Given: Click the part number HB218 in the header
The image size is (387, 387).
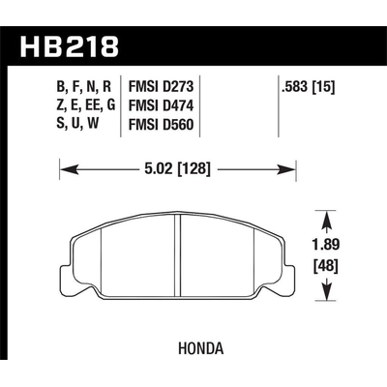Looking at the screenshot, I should pyautogui.click(x=70, y=45).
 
